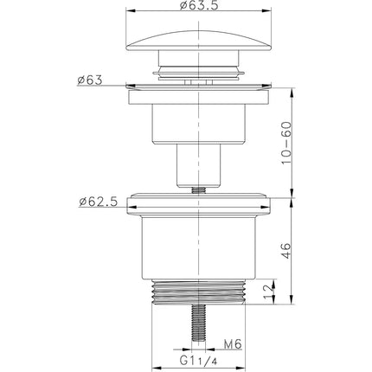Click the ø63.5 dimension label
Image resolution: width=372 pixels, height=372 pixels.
(x=199, y=5)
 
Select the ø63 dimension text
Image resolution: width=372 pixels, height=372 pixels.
(x=90, y=80)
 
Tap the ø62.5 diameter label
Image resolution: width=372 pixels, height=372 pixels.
(x=99, y=202)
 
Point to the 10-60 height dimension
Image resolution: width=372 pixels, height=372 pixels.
(x=286, y=143)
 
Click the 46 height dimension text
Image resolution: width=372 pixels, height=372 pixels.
(x=286, y=251)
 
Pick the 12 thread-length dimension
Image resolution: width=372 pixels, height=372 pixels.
(x=268, y=292)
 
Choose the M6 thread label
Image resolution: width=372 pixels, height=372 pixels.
(x=233, y=344)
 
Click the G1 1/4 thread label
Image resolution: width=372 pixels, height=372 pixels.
(x=198, y=361)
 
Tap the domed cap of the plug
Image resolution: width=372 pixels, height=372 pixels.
(x=199, y=41)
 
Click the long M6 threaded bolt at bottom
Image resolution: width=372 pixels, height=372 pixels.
(x=198, y=323)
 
